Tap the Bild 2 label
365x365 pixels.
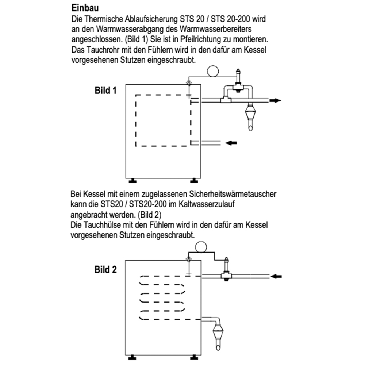[x=105, y=270]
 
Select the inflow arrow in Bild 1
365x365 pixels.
[x=231, y=143]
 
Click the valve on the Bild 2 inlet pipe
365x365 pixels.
[x=226, y=273]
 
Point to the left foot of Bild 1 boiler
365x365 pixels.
[x=134, y=180]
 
